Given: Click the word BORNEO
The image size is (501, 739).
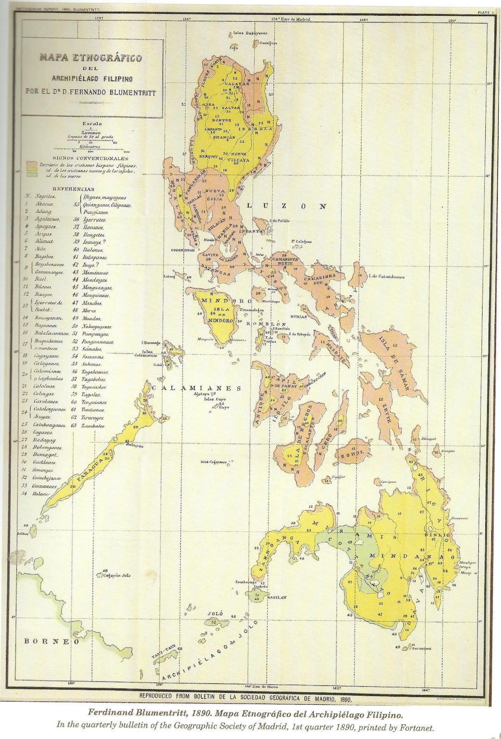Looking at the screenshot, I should tap(51, 641).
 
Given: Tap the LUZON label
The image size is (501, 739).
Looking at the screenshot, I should tap(285, 206).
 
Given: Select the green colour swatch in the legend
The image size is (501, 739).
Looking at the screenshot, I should tap(32, 176).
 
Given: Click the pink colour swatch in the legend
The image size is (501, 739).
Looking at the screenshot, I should tap(32, 164).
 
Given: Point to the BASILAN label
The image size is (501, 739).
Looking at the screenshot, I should tap(276, 597).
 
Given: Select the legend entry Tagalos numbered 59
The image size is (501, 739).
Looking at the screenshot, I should tap(92, 394).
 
